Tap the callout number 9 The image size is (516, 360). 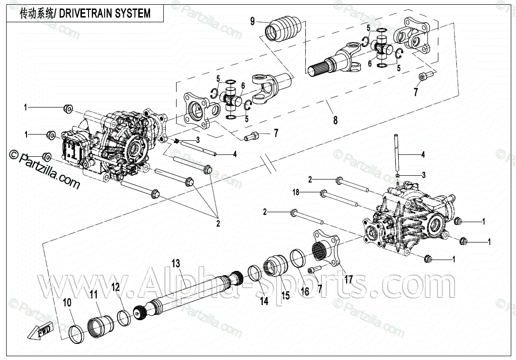tap(252, 21)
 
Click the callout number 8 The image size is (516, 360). tap(335, 120)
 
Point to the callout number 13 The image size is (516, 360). tap(176, 263)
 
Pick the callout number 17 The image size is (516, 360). tap(348, 279)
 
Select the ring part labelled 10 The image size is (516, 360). tap(76, 333)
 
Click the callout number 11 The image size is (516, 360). tap(93, 295)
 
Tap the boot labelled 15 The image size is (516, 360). tap(276, 265)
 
